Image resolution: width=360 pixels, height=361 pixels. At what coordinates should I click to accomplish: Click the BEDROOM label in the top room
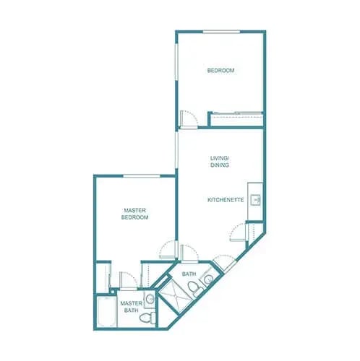[220, 70]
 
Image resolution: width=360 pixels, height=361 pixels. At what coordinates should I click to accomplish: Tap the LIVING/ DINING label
[220, 161]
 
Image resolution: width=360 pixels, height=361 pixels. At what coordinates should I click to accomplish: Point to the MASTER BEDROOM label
[134, 214]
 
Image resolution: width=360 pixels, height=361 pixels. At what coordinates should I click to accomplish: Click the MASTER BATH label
[131, 307]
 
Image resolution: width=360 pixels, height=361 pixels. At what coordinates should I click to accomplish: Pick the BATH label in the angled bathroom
[189, 274]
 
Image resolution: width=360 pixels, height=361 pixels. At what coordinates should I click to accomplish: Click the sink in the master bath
[150, 298]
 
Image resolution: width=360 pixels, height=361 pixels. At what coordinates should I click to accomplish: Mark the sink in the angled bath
[207, 279]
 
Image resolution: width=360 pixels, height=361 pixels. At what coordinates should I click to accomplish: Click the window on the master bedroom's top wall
[142, 175]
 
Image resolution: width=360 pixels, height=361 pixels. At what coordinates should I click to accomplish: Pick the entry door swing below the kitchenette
[238, 233]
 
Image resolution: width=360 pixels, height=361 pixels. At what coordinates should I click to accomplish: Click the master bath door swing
[127, 280]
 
